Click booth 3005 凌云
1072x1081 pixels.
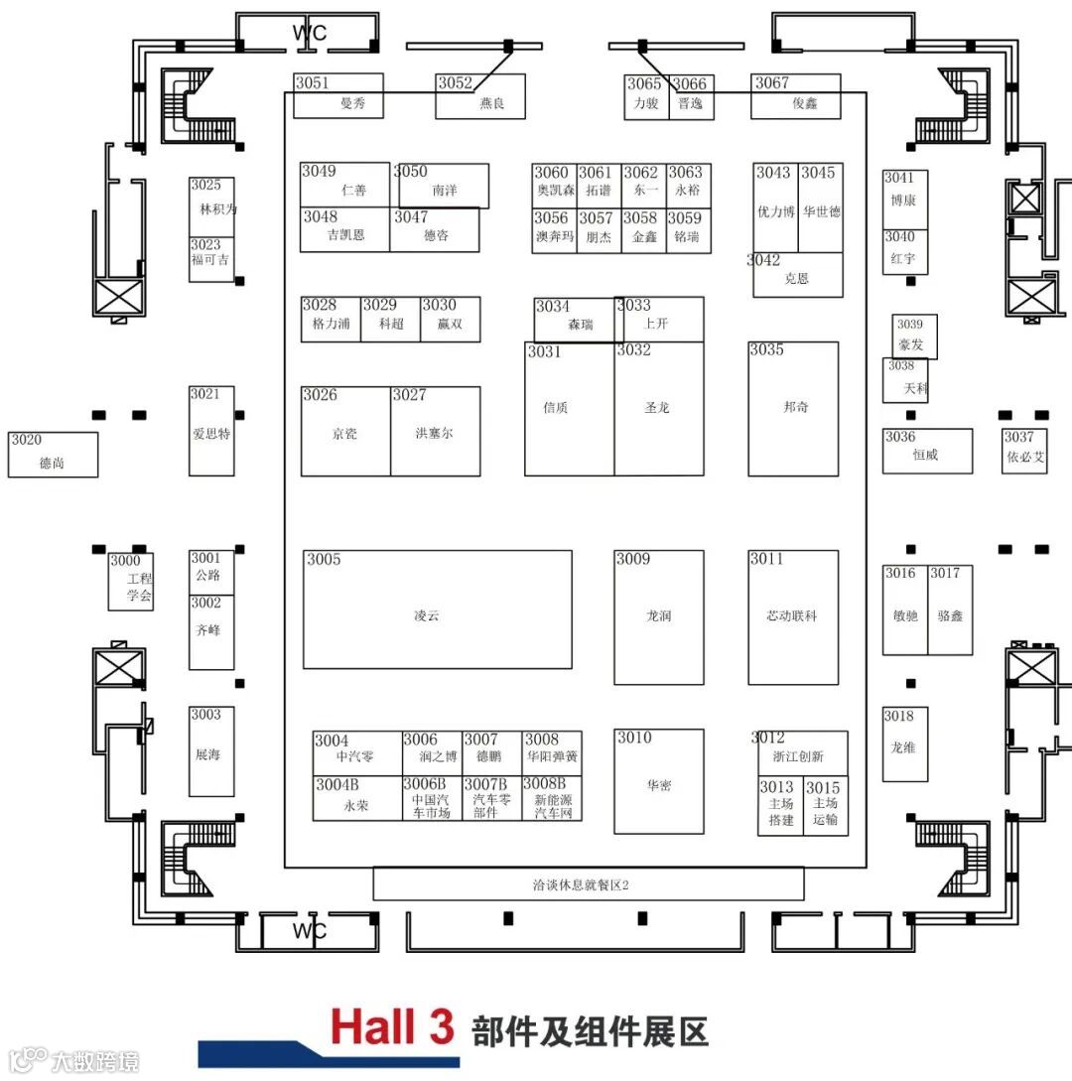point(437,609)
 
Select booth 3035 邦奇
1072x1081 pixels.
point(793,409)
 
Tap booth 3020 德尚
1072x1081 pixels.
point(54,455)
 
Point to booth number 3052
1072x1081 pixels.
point(456,83)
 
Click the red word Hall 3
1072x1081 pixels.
point(392,1026)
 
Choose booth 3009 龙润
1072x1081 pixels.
point(658,617)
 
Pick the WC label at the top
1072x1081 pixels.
point(309,33)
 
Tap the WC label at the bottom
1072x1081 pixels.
point(309,931)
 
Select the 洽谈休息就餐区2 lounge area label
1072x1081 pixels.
point(588,883)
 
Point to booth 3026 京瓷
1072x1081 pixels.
point(345,431)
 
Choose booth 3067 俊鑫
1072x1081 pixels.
point(796,96)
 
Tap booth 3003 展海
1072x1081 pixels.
point(211,751)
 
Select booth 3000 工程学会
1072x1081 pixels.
point(131,582)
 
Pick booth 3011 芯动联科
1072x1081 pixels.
point(793,617)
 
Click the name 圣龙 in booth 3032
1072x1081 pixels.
point(658,407)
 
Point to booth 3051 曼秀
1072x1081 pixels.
point(337,96)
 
